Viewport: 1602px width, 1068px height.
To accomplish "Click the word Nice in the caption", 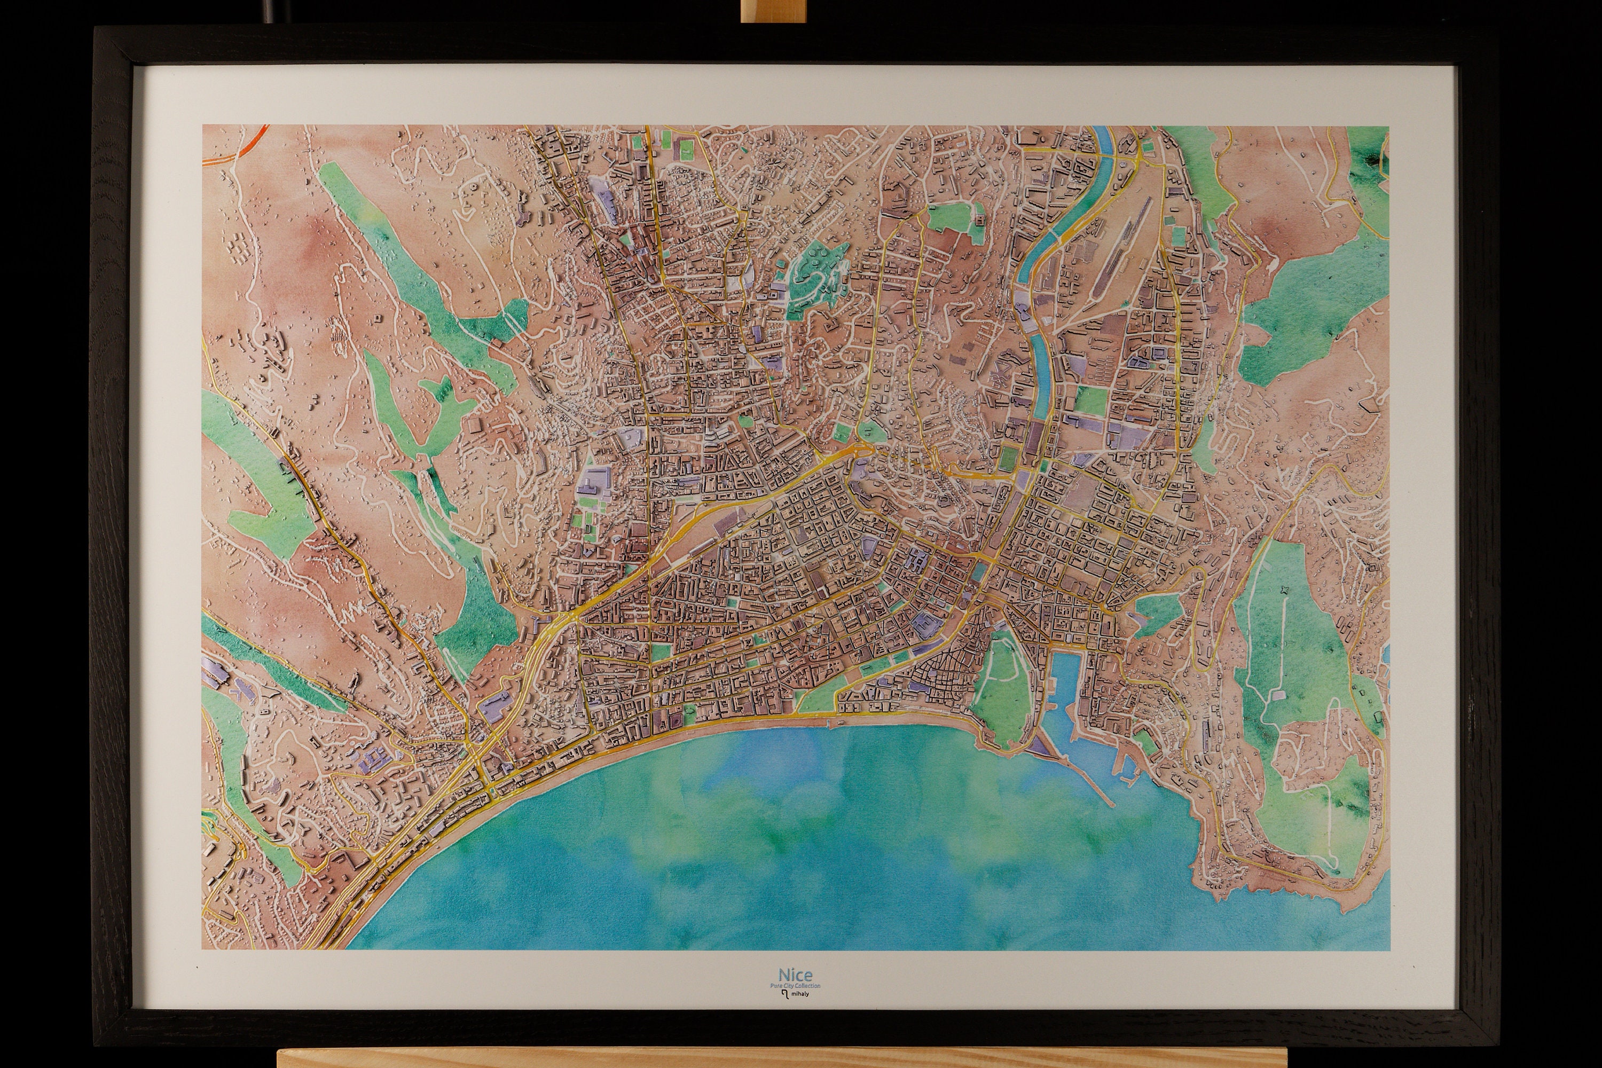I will click(795, 976).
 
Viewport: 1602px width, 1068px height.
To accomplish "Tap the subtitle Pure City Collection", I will click(795, 986).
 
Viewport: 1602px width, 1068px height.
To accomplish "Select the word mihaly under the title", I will click(799, 994).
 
